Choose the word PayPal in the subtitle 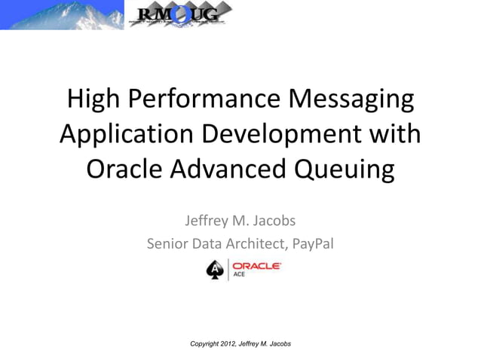coord(311,243)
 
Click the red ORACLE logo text coord(256,266)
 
